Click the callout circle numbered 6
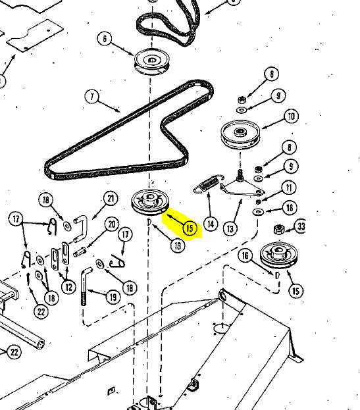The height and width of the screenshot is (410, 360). tap(105, 39)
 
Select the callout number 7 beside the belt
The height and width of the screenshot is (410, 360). tap(91, 97)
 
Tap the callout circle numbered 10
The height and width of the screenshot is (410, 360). tap(292, 116)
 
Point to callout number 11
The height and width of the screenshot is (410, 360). tap(289, 188)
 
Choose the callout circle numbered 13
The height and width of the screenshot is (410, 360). tap(230, 229)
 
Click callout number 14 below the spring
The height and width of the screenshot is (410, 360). tap(211, 224)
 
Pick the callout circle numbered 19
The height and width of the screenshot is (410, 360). tap(113, 297)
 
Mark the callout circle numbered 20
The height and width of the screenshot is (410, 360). tap(112, 224)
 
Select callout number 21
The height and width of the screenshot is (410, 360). tap(111, 199)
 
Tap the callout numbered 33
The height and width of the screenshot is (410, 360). tap(301, 226)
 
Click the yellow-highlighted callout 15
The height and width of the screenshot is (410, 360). tap(190, 228)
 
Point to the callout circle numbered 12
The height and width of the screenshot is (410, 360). tap(68, 287)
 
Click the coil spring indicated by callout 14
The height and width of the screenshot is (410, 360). tap(209, 183)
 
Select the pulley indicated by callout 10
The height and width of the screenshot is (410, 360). tap(240, 134)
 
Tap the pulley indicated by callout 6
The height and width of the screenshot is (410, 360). tap(152, 62)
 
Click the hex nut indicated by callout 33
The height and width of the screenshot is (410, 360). tap(278, 230)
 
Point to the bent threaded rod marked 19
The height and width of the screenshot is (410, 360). tap(84, 285)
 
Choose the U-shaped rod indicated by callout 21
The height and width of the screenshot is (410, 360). tap(81, 228)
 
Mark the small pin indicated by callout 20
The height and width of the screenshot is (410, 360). tap(79, 252)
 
